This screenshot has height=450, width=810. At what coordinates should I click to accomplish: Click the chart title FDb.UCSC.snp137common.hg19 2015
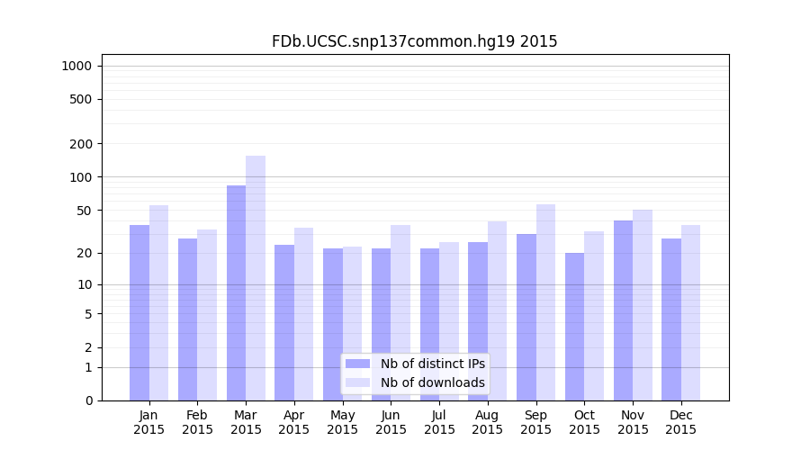[415, 41]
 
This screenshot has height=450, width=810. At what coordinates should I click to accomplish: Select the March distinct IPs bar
[236, 292]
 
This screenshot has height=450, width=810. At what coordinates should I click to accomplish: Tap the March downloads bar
[256, 278]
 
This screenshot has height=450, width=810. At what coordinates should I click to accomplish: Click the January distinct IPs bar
[139, 312]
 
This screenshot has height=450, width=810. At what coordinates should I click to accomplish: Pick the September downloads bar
[545, 302]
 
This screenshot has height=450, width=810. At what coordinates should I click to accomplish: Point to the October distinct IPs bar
[574, 327]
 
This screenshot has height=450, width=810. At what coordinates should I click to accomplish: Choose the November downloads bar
[643, 305]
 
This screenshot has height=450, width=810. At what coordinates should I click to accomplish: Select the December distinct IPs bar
[671, 319]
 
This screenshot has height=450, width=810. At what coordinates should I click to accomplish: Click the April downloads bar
[303, 314]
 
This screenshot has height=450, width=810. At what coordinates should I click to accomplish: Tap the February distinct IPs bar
[187, 319]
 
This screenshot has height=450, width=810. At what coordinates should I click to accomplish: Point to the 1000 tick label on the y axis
[76, 66]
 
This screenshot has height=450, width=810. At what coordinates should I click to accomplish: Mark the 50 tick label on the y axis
[85, 211]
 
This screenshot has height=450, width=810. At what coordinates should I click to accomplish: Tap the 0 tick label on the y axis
[88, 400]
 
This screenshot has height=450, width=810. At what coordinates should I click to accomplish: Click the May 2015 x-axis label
[343, 422]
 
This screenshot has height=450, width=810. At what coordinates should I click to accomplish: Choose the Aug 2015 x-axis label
[488, 422]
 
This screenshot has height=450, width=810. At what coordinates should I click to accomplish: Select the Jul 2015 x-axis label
[439, 422]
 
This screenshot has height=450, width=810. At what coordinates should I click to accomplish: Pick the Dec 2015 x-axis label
[681, 422]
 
